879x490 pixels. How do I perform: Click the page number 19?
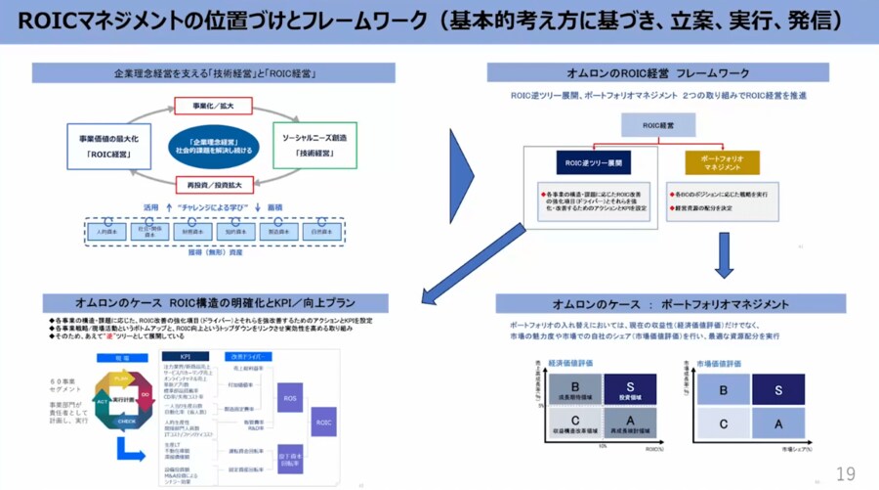pos(845,473)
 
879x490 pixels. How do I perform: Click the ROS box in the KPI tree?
pos(289,399)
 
